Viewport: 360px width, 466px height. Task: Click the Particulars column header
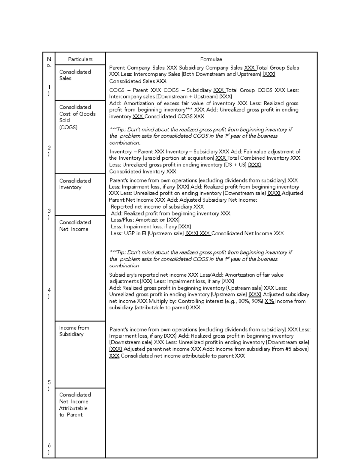pyautogui.click(x=80, y=59)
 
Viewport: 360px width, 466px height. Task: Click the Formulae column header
pyautogui.click(x=211, y=59)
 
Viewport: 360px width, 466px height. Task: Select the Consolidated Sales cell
pyautogui.click(x=75, y=75)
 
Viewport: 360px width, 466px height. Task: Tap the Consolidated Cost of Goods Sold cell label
pyautogui.click(x=77, y=117)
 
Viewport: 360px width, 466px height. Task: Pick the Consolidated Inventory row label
pyautogui.click(x=75, y=184)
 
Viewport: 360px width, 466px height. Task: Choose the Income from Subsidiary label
pyautogui.click(x=74, y=331)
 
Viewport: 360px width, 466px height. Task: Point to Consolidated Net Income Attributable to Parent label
pyautogui.click(x=75, y=404)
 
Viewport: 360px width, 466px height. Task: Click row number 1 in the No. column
pyautogui.click(x=49, y=90)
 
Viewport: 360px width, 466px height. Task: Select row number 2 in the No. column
pyautogui.click(x=49, y=151)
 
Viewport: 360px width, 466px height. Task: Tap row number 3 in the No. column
pyautogui.click(x=49, y=214)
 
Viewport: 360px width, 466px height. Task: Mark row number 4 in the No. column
pyautogui.click(x=49, y=293)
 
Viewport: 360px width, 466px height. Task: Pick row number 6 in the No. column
pyautogui.click(x=49, y=449)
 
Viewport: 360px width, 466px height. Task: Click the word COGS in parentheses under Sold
pyautogui.click(x=68, y=127)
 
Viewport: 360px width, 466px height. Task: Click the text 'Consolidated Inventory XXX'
pyautogui.click(x=142, y=172)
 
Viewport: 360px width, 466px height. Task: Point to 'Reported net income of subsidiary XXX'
pyautogui.click(x=157, y=207)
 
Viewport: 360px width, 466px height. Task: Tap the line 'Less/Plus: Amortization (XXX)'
pyautogui.click(x=145, y=220)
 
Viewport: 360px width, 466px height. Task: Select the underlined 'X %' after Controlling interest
pyautogui.click(x=269, y=301)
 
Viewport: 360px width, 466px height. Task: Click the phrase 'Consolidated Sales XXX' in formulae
pyautogui.click(x=138, y=81)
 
